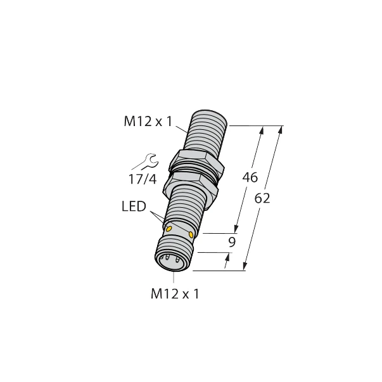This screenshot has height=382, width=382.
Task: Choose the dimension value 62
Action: click(262, 198)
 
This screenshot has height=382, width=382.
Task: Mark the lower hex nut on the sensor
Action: click(189, 183)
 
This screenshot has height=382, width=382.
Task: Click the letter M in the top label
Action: click(130, 122)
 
